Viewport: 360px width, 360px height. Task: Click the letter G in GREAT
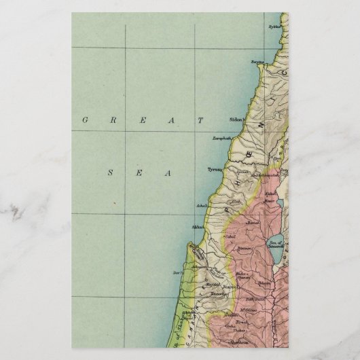click(x=85, y=120)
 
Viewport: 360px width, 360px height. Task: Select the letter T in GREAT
click(x=200, y=120)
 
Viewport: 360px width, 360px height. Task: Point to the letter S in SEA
click(x=110, y=173)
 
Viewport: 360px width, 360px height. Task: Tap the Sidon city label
click(x=236, y=119)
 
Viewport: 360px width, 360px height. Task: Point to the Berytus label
click(x=257, y=61)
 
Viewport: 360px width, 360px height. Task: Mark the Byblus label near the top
click(x=274, y=28)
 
